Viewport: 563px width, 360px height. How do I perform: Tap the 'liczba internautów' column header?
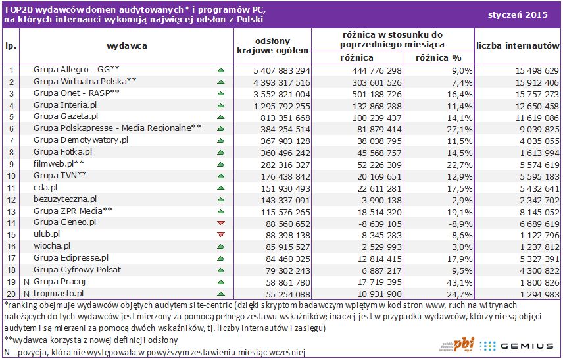point(518,46)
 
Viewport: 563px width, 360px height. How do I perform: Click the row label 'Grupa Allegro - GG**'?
point(76,70)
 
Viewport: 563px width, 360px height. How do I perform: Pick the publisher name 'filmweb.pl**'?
point(59,164)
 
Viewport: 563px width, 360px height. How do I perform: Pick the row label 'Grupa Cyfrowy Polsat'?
point(78,270)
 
